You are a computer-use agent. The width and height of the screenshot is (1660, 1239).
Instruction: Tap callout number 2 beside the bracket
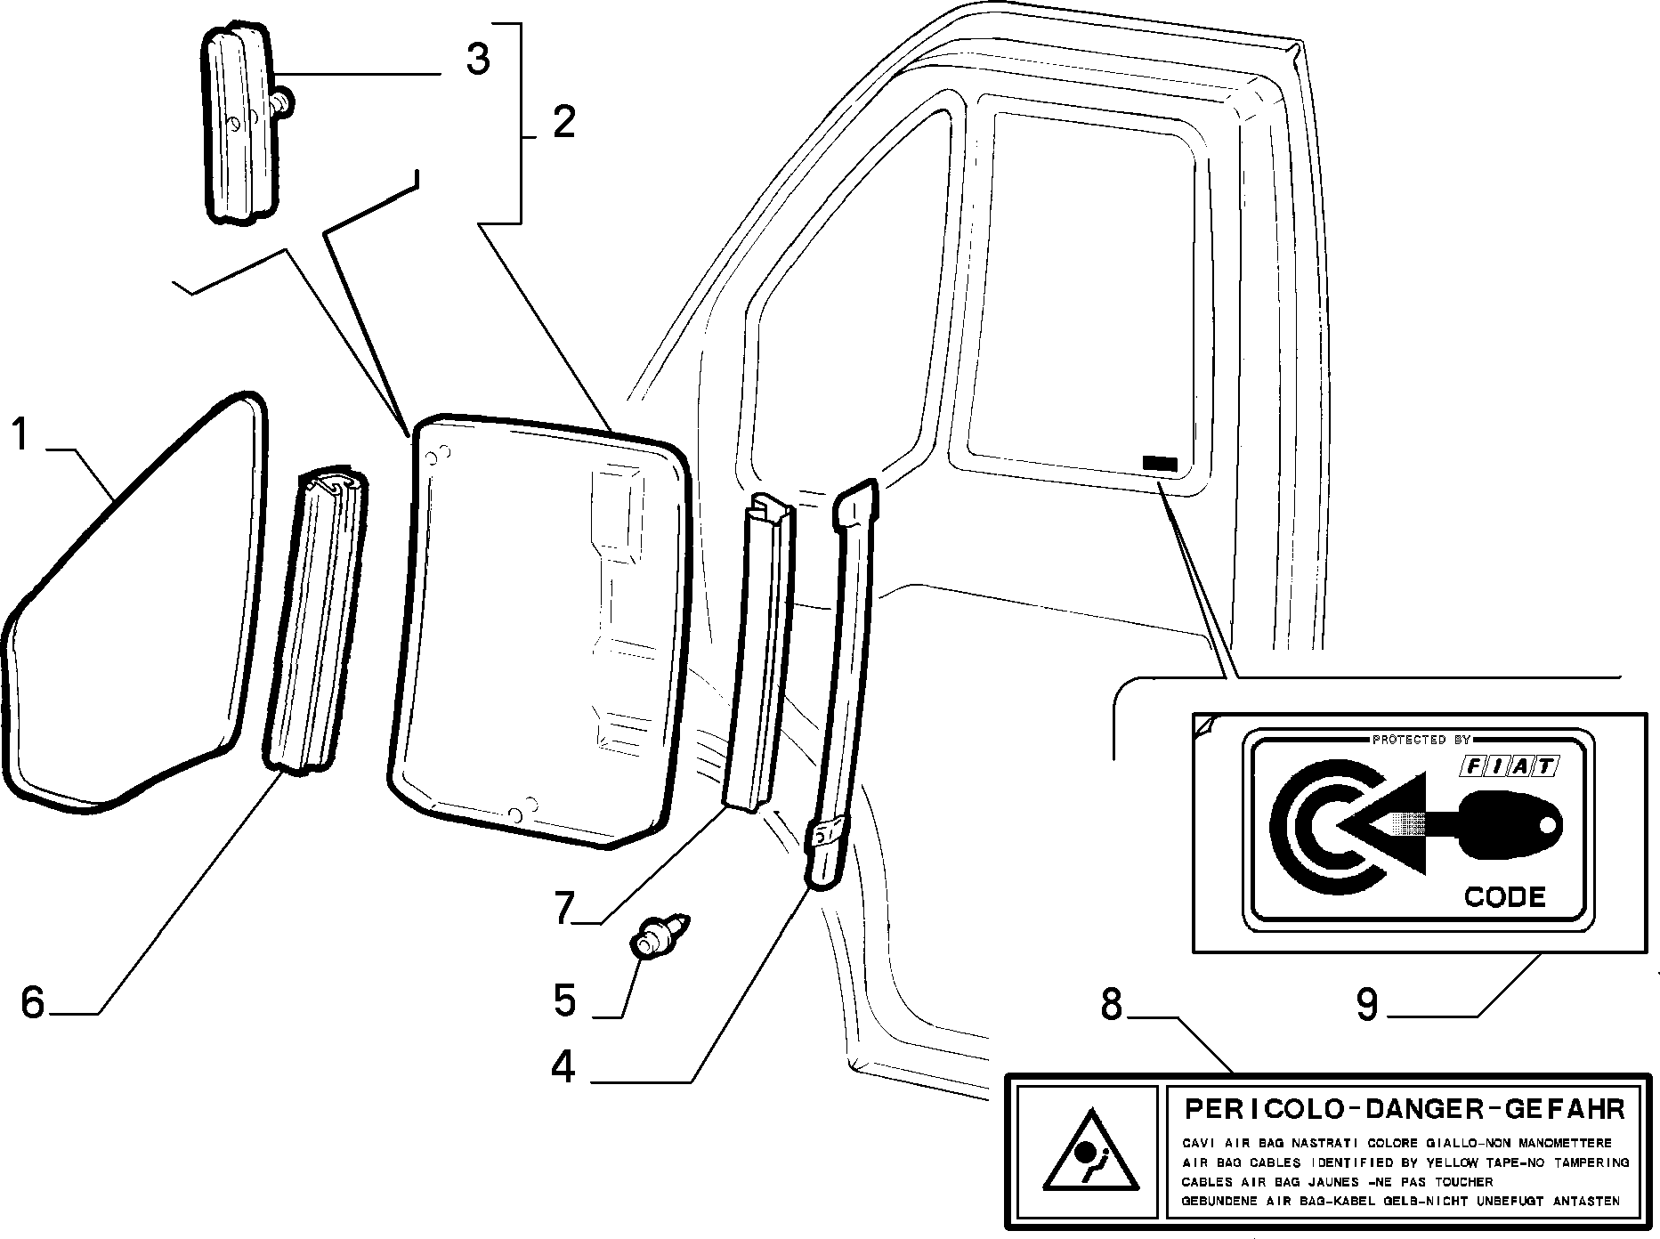563,122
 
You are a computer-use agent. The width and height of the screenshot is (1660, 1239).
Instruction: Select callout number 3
477,59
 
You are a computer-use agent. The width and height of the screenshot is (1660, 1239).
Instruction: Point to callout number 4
563,1066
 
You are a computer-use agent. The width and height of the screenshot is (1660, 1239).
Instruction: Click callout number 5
564,1001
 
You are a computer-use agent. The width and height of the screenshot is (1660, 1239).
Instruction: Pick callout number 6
32,1002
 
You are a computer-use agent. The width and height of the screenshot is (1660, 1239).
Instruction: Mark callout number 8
1113,1004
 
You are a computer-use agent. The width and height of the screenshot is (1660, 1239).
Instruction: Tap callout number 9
1367,1004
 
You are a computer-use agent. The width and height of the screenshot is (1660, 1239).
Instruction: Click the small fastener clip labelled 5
660,936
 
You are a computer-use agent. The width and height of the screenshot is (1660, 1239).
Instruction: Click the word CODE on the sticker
1505,896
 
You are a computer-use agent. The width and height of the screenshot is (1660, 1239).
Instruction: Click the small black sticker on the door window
1160,463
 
